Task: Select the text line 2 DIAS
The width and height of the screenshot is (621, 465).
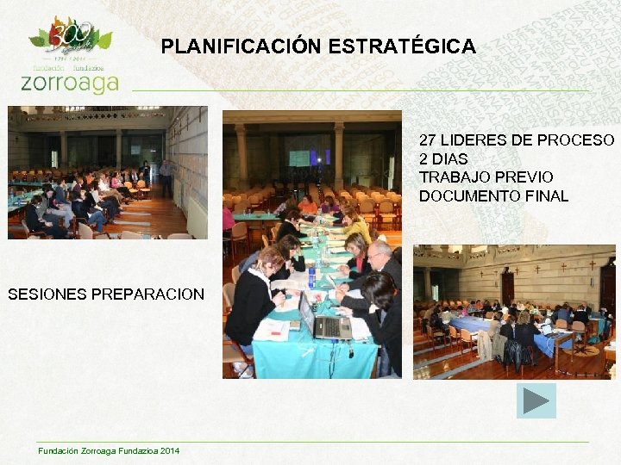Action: (443, 158)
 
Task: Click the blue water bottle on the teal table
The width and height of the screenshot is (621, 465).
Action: (311, 277)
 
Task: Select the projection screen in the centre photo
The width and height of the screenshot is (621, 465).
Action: (298, 158)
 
